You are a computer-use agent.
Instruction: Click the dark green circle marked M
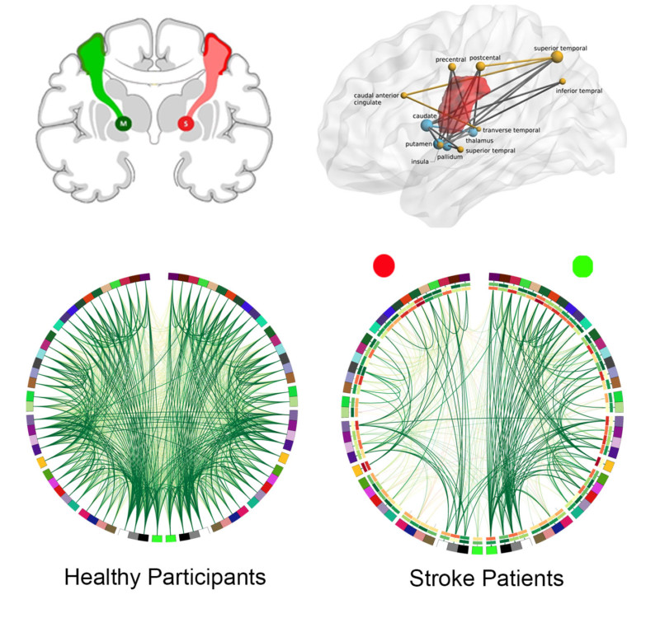(124, 124)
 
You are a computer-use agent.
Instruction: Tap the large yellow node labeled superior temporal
(556, 57)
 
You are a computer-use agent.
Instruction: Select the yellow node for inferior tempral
(563, 81)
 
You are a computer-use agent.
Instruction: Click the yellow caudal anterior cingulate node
(404, 96)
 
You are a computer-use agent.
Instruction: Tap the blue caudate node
(427, 125)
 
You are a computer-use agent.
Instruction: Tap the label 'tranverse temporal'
(511, 130)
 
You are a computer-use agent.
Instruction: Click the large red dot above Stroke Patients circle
(384, 265)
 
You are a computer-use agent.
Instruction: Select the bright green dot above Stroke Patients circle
(583, 266)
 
